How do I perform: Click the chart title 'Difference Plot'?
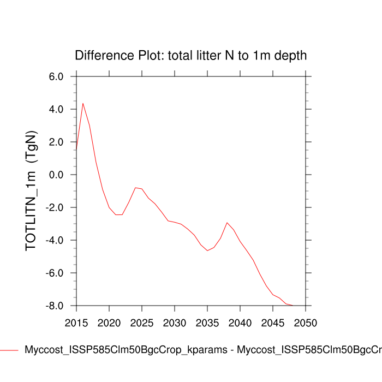[x=190, y=56]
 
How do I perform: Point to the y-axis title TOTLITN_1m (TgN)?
[x=31, y=191]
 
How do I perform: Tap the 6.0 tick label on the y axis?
[x=57, y=76]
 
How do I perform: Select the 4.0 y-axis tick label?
[x=57, y=109]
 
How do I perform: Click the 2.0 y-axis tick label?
[x=57, y=142]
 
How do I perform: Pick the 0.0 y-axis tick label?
[x=57, y=175]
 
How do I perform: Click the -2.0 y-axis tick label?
[x=55, y=207]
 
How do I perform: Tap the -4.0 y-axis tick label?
[x=55, y=240]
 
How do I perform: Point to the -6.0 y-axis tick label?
[x=55, y=273]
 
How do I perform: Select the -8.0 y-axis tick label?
[x=55, y=306]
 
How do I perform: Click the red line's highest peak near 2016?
[x=83, y=103]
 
